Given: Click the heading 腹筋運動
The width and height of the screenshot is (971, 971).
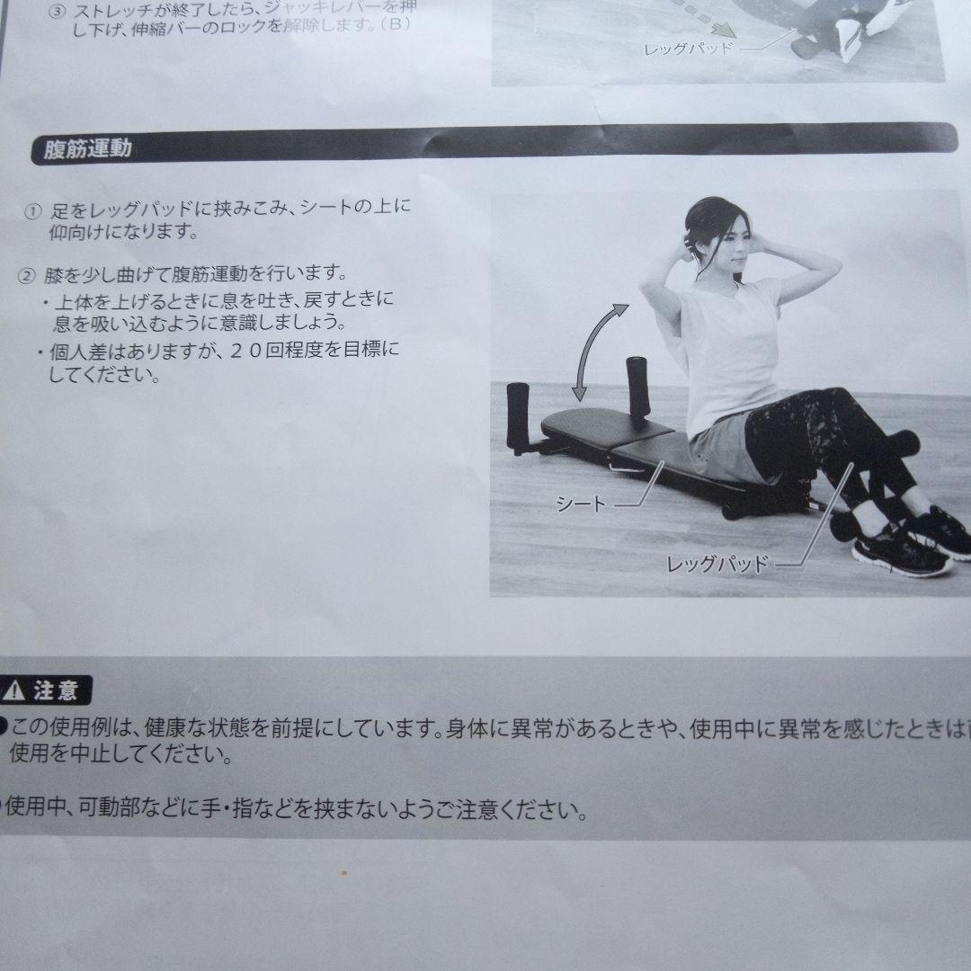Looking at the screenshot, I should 87,148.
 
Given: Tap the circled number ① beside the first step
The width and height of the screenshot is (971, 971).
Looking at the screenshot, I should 33,212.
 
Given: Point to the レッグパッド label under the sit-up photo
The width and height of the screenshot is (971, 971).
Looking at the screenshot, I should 717,565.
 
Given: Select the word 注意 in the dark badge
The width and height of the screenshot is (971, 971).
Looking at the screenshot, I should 56,692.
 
